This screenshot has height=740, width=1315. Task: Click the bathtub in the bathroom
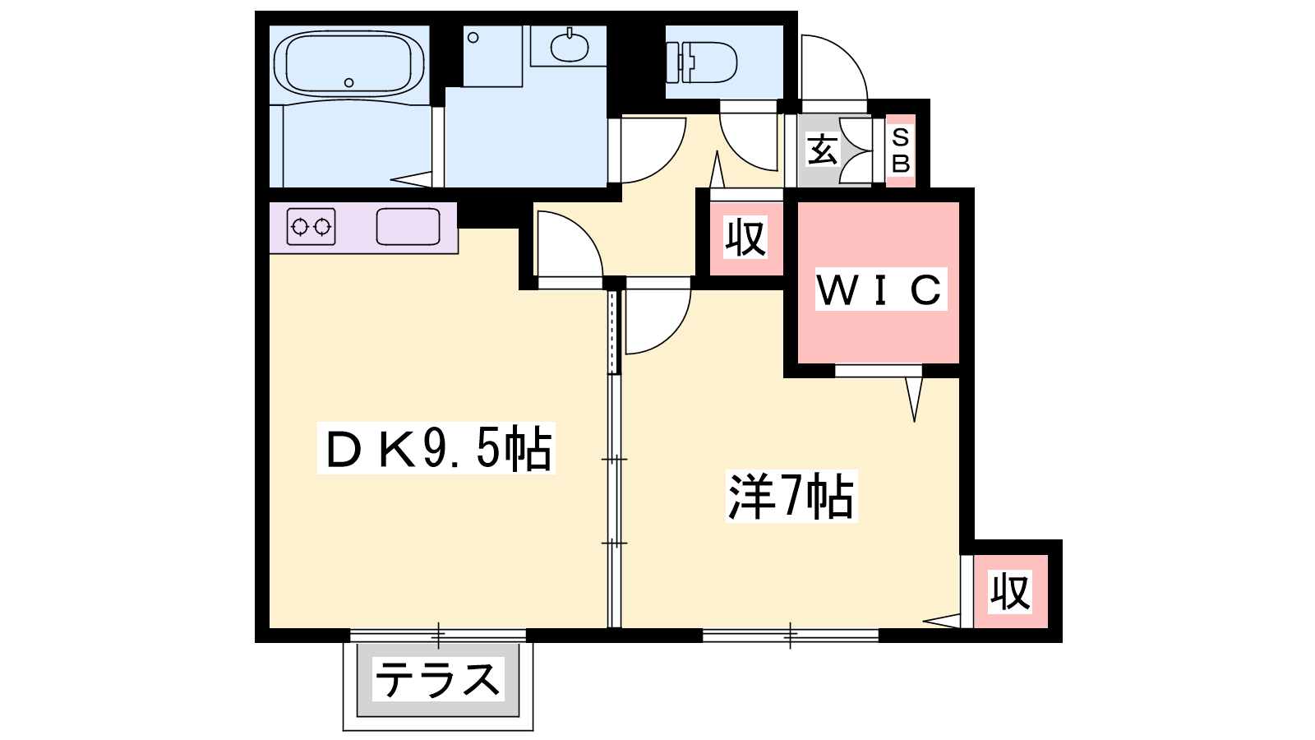[x=348, y=65]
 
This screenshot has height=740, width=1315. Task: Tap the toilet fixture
[x=702, y=62]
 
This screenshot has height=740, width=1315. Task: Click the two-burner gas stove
[x=311, y=226]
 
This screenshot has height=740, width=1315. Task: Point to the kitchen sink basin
[x=408, y=226]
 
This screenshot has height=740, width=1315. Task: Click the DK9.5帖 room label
[x=436, y=447]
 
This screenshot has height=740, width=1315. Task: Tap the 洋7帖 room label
[x=791, y=497]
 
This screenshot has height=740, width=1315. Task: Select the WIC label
[x=880, y=289]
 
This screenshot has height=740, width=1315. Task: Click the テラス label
[x=438, y=679]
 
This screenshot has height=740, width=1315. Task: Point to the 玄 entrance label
[x=823, y=149]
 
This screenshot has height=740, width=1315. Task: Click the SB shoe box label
[x=901, y=150]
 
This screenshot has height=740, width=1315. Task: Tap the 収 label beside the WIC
[x=745, y=238]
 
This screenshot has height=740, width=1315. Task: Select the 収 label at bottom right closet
[x=1010, y=592]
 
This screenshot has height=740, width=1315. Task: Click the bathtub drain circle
[x=348, y=83]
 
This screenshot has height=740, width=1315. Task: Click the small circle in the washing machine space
[x=473, y=38]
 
